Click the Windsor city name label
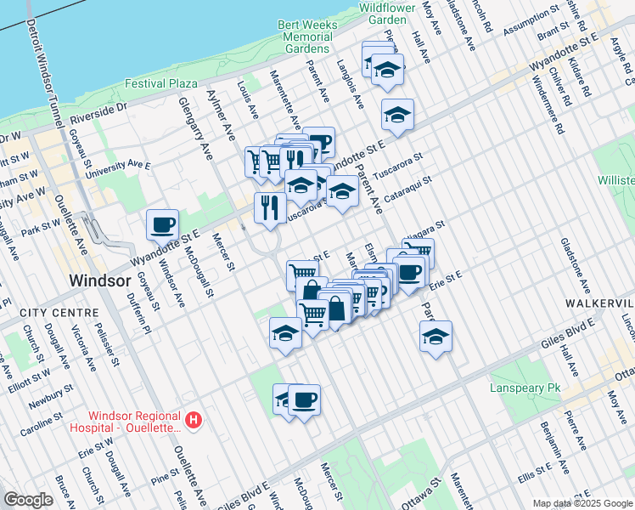pos(100,280)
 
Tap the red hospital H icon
pos(194,420)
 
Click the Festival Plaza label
pos(161,83)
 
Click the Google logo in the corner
pos(28,500)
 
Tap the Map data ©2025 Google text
pos(582,503)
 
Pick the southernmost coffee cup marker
pos(304,399)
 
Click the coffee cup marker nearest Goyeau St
pos(162,226)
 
